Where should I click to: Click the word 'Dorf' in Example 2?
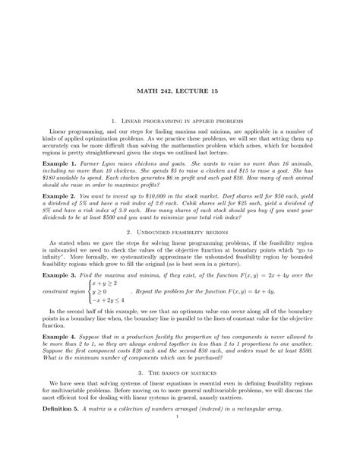pyautogui.click(x=237, y=195)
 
